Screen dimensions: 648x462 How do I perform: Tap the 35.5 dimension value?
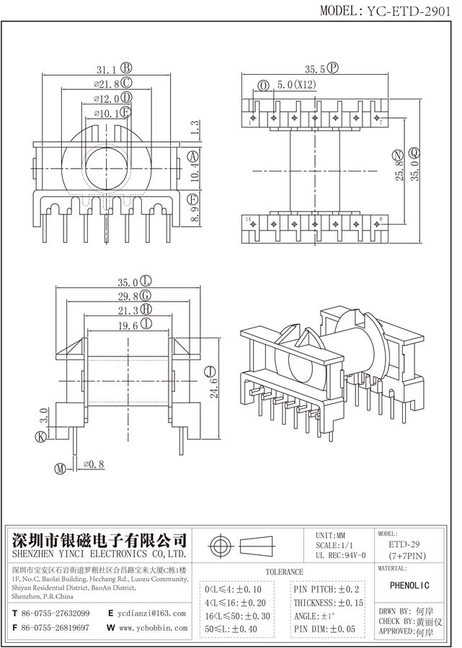pos(314,69)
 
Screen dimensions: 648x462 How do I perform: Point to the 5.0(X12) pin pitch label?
pos(292,86)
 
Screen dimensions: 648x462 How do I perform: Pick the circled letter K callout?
pos(40,436)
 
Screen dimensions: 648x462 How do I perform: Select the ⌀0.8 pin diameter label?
pos(94,465)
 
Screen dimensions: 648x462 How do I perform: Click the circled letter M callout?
pos(61,469)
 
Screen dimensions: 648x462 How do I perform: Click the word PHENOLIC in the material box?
pos(414,585)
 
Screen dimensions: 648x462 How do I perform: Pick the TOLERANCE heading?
pos(285,572)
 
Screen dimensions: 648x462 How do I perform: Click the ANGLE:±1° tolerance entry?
pos(315,616)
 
